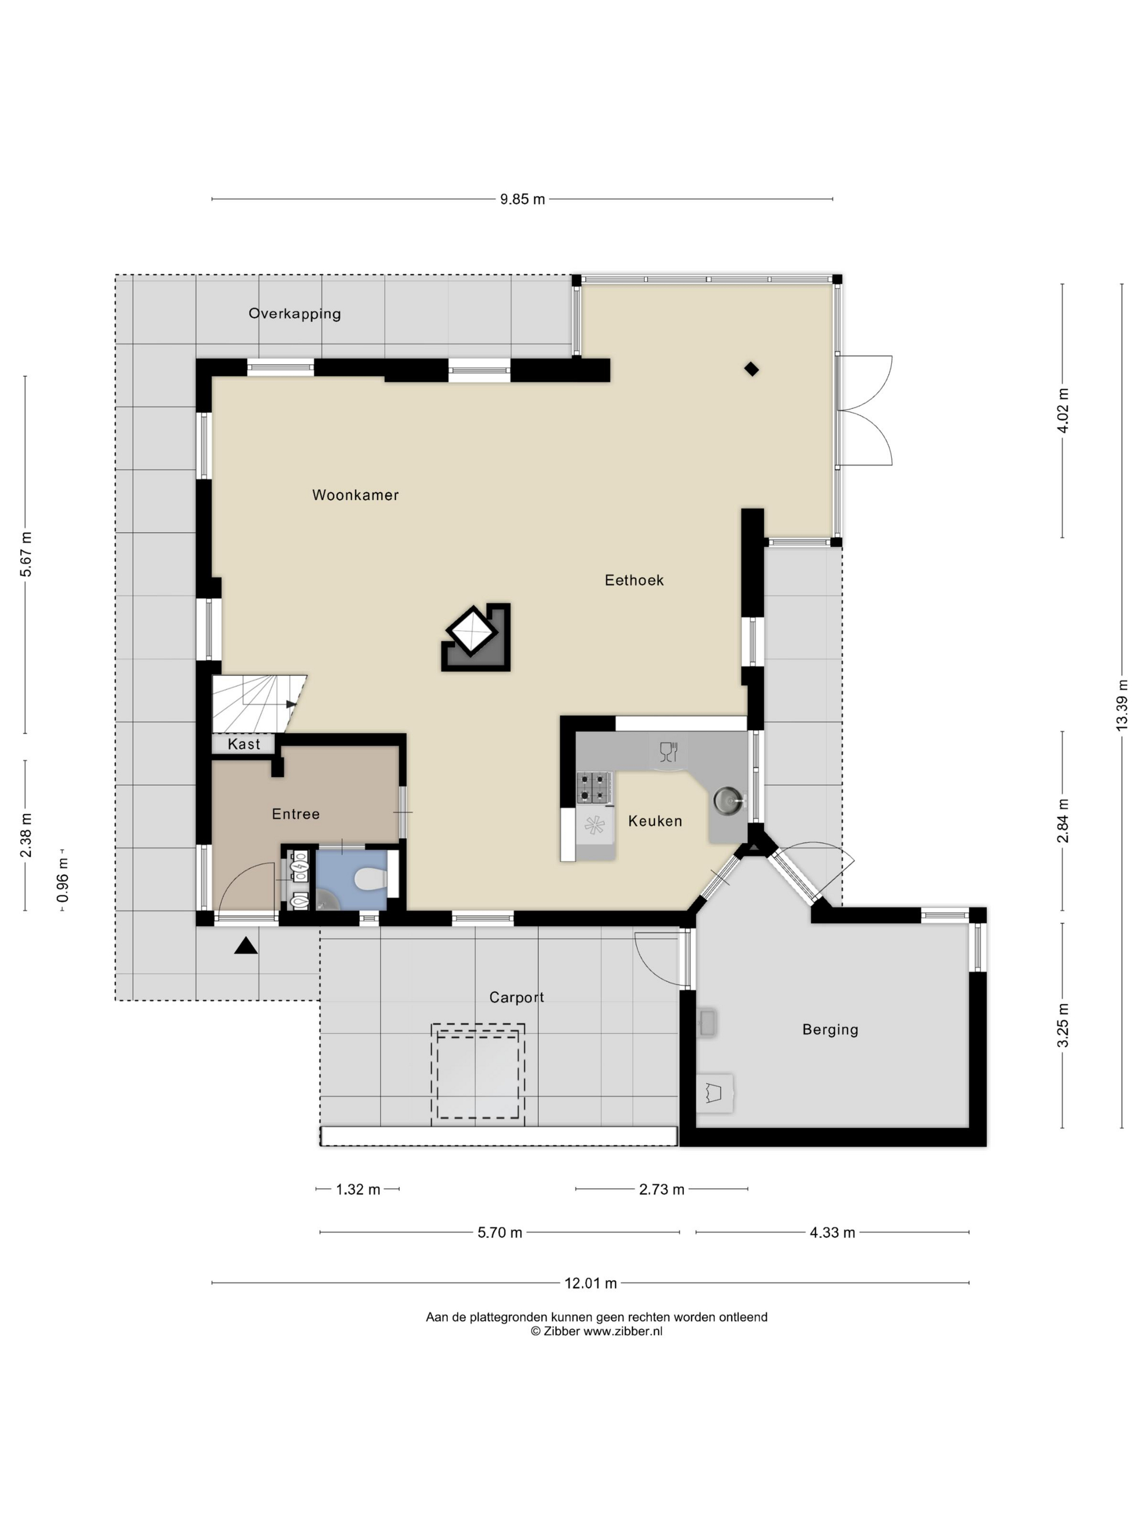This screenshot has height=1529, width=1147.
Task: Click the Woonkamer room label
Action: pos(356,495)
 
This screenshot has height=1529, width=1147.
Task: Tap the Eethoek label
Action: pos(634,580)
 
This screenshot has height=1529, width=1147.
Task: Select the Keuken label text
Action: pos(655,821)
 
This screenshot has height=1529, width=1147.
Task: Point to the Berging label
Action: pos(830,1029)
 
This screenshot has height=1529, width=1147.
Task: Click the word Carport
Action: pos(517,998)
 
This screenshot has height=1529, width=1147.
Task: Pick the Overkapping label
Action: pos(294,314)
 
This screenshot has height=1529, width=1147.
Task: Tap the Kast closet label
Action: pos(244,744)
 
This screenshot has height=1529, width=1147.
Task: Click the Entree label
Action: pos(296,814)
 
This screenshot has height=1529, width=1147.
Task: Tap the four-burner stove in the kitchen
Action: pos(595,787)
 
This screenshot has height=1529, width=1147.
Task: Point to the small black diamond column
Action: pos(752,369)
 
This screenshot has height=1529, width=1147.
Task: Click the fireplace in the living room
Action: pos(476,637)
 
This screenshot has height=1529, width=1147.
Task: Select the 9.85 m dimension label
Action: pos(523,199)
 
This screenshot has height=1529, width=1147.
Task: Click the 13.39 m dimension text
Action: pos(1122,704)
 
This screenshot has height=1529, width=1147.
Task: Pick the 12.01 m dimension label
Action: pos(590,1283)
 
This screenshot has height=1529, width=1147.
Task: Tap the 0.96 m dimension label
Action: pos(63,880)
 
